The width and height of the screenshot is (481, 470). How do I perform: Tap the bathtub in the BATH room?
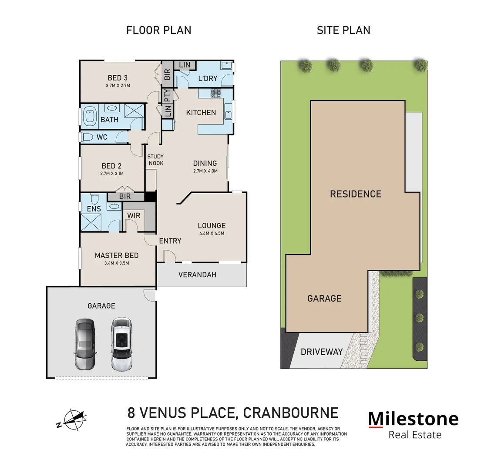point(91,117)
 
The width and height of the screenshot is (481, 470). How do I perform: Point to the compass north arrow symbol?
point(73,420)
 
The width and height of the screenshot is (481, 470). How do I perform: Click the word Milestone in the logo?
point(413,419)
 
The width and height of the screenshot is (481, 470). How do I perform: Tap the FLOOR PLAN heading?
point(158,30)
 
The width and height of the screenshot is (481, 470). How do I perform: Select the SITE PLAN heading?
point(343,30)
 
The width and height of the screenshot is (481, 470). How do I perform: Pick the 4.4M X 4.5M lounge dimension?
point(212,233)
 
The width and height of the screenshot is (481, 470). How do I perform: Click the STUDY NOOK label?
point(155,160)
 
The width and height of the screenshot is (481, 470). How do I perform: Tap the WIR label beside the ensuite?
point(133,216)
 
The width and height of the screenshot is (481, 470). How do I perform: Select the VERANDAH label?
point(197,275)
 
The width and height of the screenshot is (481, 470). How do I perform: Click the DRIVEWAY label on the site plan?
point(322,352)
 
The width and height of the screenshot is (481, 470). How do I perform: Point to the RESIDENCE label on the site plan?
point(355,194)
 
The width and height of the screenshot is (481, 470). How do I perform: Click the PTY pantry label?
point(167,95)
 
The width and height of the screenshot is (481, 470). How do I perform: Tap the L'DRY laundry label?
point(207,79)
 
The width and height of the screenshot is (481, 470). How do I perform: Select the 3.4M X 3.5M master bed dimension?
point(117,263)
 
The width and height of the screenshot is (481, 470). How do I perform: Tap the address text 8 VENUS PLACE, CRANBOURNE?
point(233,412)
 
